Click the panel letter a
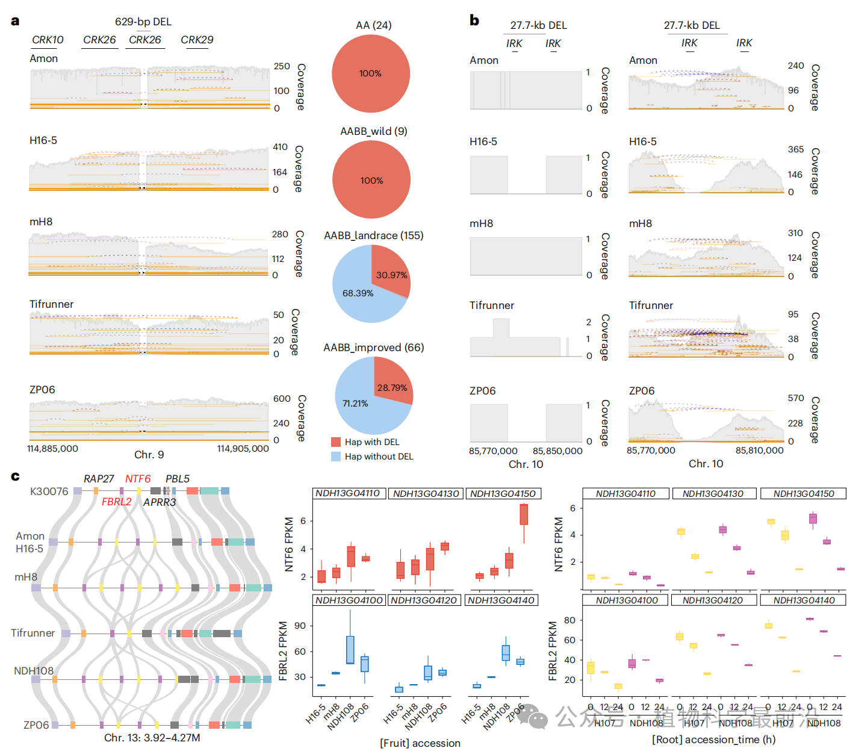15,21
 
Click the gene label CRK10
48,40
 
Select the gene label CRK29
197,40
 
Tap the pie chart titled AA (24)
371,73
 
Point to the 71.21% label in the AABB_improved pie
355,404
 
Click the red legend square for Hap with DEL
336,442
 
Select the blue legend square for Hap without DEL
336,457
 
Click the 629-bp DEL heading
143,22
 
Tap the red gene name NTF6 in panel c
138,479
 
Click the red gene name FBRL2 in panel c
116,502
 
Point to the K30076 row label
49,491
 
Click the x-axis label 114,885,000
53,449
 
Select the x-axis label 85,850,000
557,451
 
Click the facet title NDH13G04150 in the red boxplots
503,494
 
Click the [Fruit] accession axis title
420,743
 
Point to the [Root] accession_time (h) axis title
713,740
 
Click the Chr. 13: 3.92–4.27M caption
152,738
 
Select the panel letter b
474,20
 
